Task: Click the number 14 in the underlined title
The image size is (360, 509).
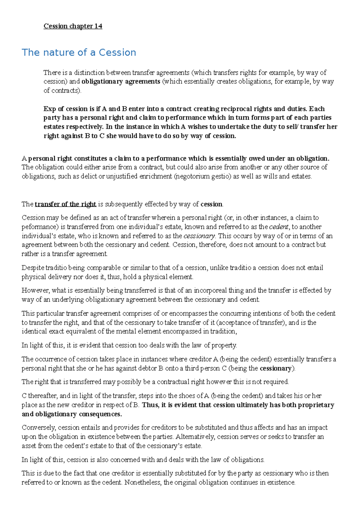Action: coord(98,26)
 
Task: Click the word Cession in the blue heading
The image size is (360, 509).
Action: coord(117,53)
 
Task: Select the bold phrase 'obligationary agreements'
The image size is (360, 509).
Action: coord(121,82)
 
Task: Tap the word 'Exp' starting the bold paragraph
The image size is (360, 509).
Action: coord(49,109)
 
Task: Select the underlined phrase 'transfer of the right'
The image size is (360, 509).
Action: coord(65,204)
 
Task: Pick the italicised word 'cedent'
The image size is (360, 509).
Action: coord(279,227)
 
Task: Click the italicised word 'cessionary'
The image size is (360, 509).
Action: coord(199,236)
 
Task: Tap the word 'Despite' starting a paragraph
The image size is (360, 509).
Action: coord(33,268)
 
